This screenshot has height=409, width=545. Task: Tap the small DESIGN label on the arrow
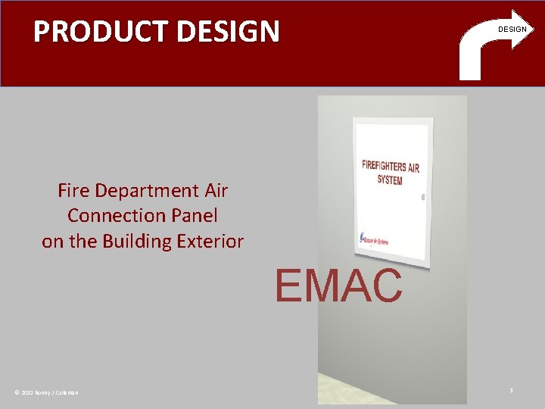click(512, 30)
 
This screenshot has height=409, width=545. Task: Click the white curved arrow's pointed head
click(520, 29)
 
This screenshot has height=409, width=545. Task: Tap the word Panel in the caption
click(193, 216)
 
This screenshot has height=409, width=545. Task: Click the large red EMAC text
click(338, 286)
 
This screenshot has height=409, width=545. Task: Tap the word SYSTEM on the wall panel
click(390, 180)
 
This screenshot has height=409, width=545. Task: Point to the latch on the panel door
click(422, 196)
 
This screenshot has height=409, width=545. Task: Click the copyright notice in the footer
click(46, 392)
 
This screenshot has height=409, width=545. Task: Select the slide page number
click(511, 390)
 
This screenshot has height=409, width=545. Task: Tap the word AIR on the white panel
click(413, 168)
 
